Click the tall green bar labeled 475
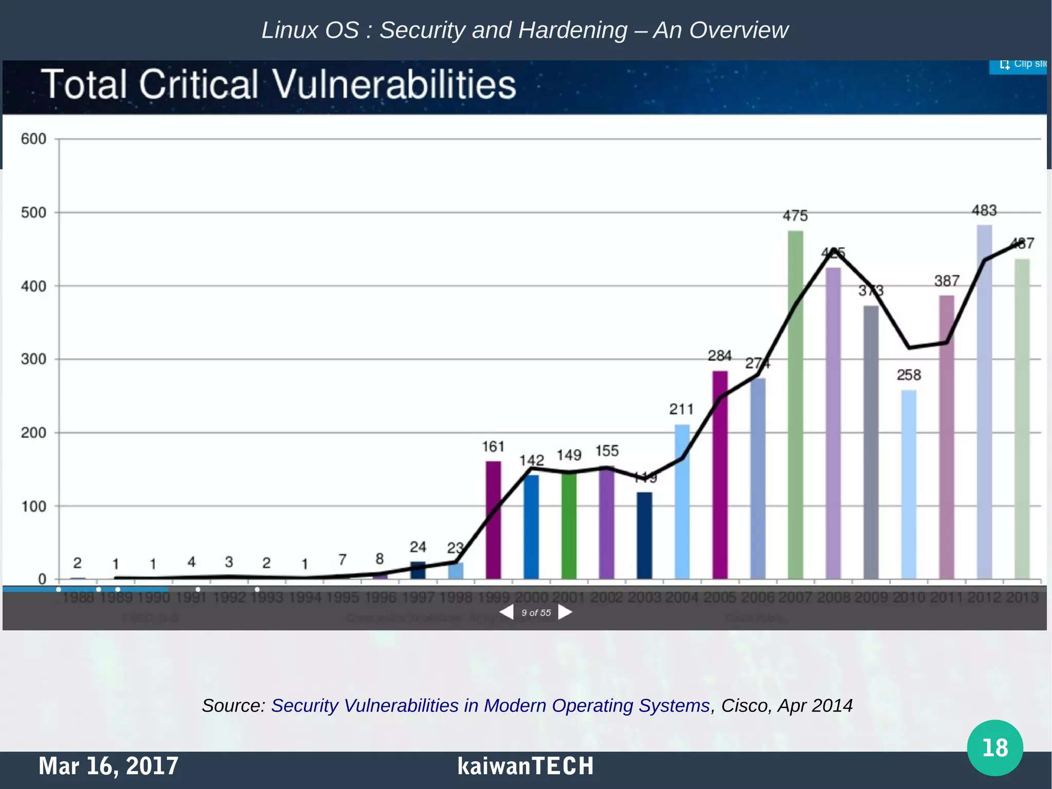pyautogui.click(x=795, y=406)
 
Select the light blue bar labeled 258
pyautogui.click(x=908, y=483)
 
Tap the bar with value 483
pyautogui.click(x=984, y=401)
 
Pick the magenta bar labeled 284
pyautogui.click(x=720, y=473)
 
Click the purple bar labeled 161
pyautogui.click(x=493, y=519)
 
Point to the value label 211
pyautogui.click(x=681, y=409)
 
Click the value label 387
pyautogui.click(x=946, y=281)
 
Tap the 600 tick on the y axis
pyautogui.click(x=33, y=139)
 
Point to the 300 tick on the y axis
pyautogui.click(x=33, y=359)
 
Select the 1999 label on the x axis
pyautogui.click(x=493, y=597)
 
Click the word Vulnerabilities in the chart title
pyautogui.click(x=393, y=85)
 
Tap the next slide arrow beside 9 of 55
pyautogui.click(x=565, y=612)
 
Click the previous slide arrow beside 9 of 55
pyautogui.click(x=506, y=612)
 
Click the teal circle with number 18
pyautogui.click(x=994, y=747)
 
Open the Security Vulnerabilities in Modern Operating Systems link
pyautogui.click(x=490, y=705)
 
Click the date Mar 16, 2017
pyautogui.click(x=108, y=766)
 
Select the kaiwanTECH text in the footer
pyautogui.click(x=525, y=766)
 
